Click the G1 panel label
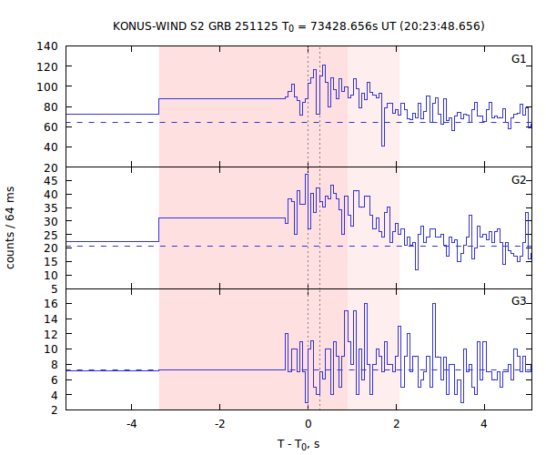[519, 59]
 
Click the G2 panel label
[519, 180]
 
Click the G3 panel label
[519, 301]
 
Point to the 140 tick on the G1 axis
[48, 46]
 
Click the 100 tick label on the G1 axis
[48, 86]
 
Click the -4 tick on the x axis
[131, 424]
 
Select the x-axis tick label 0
[308, 424]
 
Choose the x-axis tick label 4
[484, 424]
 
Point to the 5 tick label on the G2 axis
[54, 288]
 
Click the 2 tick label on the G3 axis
[54, 410]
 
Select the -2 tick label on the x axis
[219, 424]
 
